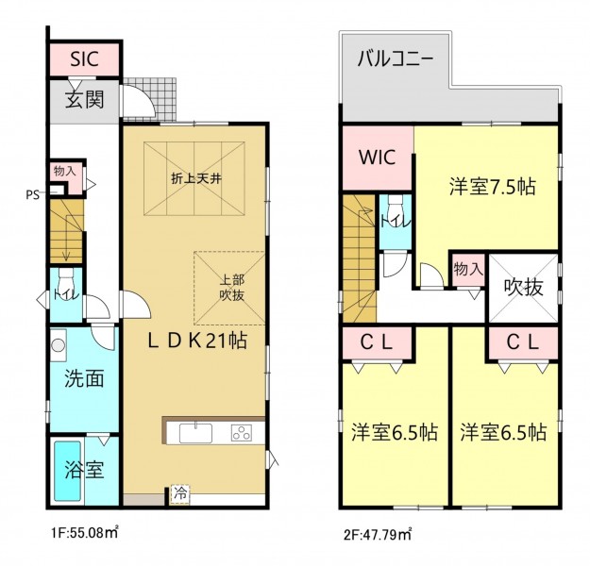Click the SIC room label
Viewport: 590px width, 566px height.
85,58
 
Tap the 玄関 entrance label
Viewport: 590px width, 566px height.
84,99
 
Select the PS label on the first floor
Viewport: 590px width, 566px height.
32,195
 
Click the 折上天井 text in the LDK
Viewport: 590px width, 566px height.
196,178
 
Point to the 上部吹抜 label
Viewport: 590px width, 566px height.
232,288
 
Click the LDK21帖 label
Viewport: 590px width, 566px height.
197,341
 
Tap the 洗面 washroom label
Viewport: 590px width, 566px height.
84,378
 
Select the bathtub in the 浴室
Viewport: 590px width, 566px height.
68,471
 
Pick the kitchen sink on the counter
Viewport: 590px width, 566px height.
195,433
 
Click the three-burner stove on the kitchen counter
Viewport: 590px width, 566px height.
242,432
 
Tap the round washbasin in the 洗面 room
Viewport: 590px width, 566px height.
59,345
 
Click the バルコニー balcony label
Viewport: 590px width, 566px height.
396,59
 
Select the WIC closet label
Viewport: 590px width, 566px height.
378,158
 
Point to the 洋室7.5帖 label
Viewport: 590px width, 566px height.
492,186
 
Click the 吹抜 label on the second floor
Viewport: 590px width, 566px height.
523,288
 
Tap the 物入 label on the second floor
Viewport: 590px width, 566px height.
467,269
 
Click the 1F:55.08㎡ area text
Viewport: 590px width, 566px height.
85,533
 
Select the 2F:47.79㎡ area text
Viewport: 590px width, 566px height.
378,534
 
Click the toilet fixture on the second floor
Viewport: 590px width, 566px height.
396,206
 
